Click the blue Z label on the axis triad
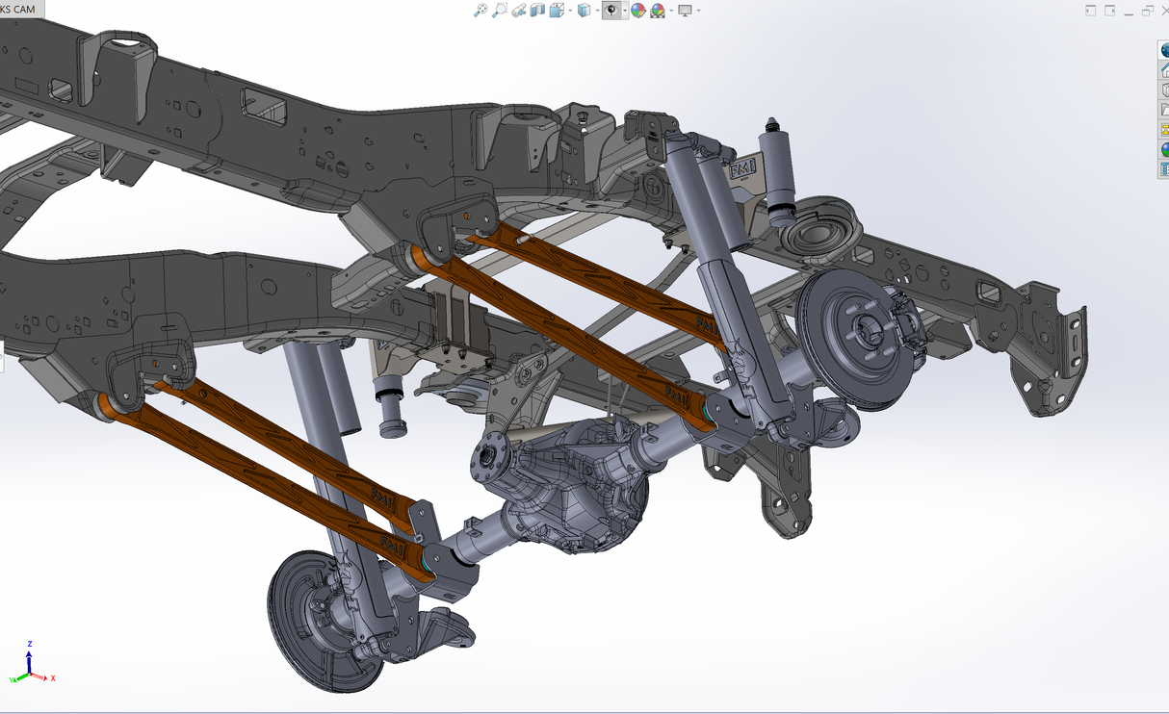tap(31, 643)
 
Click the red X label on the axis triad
tap(52, 678)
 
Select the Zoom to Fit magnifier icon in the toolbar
tap(481, 11)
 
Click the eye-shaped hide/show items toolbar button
tap(611, 11)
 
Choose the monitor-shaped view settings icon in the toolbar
tap(685, 11)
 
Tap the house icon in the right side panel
tap(1164, 70)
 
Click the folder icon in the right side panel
tap(1164, 110)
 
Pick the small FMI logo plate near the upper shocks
tap(742, 170)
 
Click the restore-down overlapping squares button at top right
tap(1148, 11)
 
